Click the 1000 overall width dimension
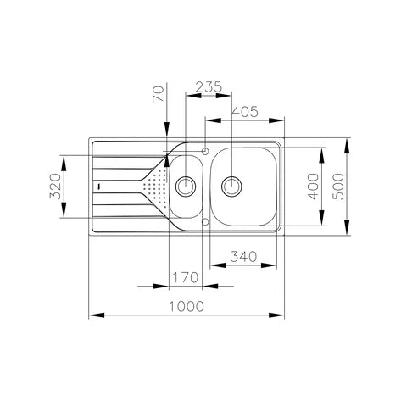pyautogui.click(x=187, y=306)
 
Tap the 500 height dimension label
pyautogui.click(x=338, y=187)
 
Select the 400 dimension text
pyautogui.click(x=313, y=187)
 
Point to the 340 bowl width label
pyautogui.click(x=243, y=257)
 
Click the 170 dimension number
pyautogui.click(x=186, y=277)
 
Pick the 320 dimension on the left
pyautogui.click(x=55, y=187)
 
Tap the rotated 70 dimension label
pyautogui.click(x=159, y=94)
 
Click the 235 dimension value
pyautogui.click(x=209, y=87)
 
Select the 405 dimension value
pyautogui.click(x=245, y=112)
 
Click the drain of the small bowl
pyautogui.click(x=186, y=186)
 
